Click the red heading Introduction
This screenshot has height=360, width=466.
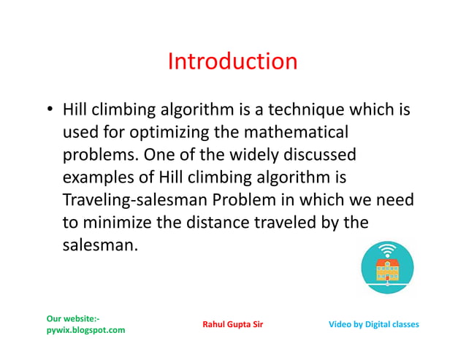click(x=232, y=61)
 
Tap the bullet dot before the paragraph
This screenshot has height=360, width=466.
click(x=49, y=111)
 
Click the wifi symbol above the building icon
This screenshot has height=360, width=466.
click(x=387, y=250)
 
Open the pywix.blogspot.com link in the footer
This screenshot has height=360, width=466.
click(x=85, y=330)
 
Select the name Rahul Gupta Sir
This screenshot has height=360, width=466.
click(x=232, y=324)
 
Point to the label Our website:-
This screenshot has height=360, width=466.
click(x=73, y=318)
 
